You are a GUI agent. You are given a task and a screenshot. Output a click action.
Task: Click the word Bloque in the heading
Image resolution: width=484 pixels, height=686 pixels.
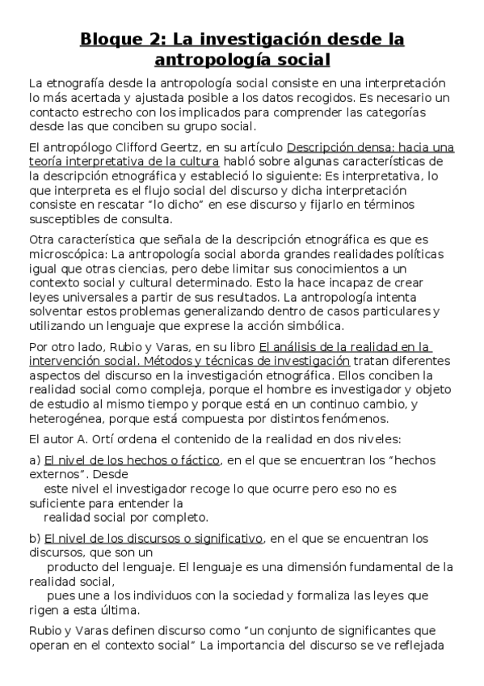pos(112,39)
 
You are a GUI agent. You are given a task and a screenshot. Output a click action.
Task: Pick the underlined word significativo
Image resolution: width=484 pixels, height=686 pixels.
pos(222,538)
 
